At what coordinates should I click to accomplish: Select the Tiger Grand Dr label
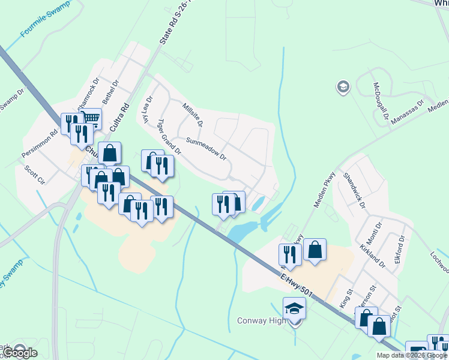pos(169,136)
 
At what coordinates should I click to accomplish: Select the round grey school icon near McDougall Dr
pos(343,88)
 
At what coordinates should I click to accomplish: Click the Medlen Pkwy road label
pos(324,191)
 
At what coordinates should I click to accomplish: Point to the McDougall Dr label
pos(381,100)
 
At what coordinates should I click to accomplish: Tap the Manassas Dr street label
pos(406,112)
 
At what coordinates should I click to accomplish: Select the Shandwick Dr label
pos(354,190)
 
